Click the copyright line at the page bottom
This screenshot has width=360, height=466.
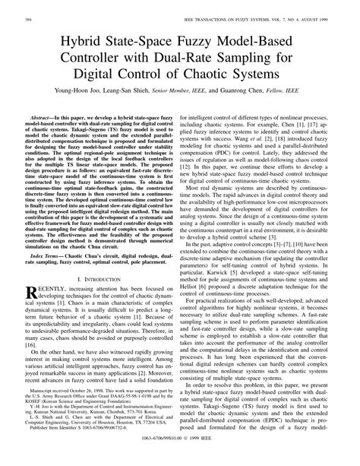point(180,459)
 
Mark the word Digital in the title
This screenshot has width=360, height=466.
point(112,78)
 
